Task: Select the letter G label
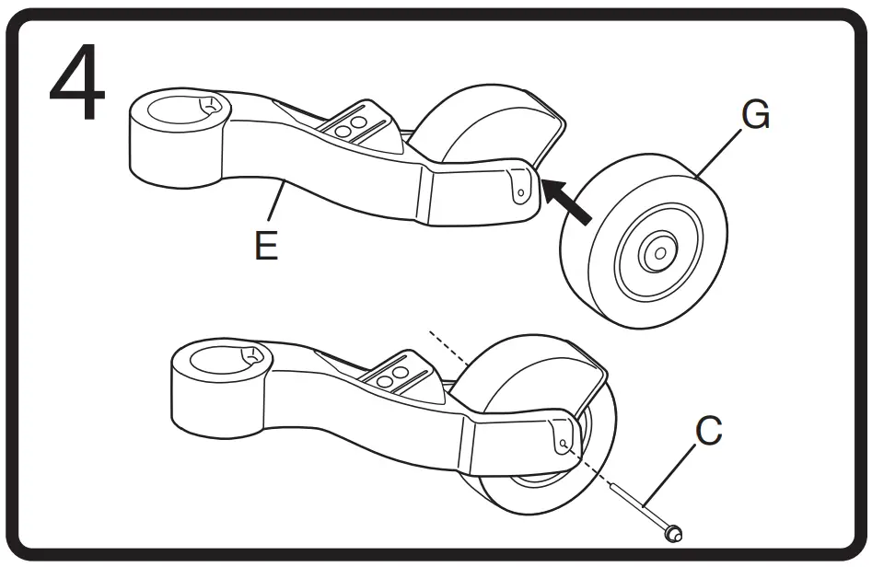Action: [755, 118]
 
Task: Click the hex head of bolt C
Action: [672, 531]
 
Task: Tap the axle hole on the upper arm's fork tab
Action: [521, 192]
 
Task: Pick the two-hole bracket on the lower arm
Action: [394, 375]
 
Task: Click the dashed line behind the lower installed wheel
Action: [447, 355]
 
